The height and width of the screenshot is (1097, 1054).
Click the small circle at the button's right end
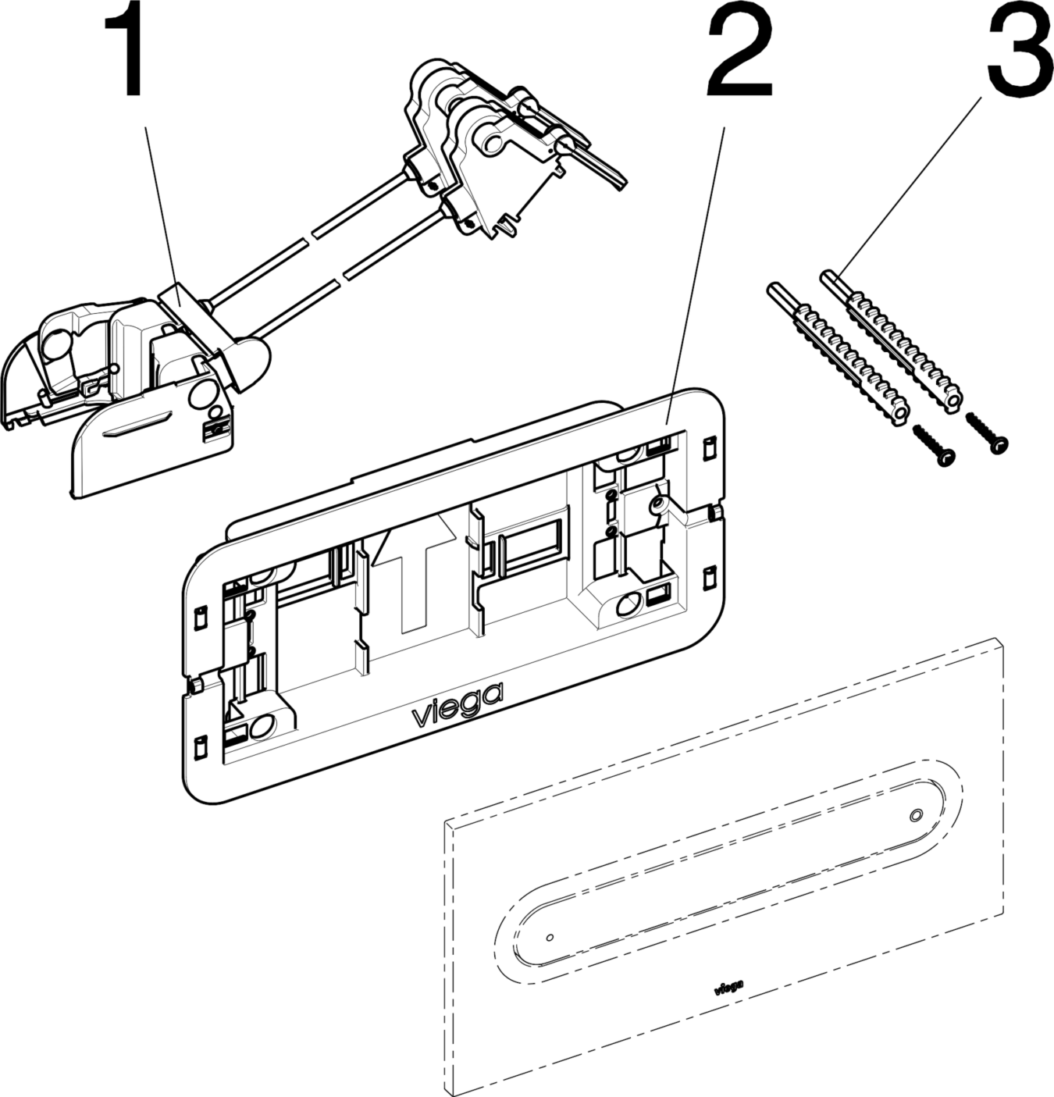(916, 815)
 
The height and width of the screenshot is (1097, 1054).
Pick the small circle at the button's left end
(550, 936)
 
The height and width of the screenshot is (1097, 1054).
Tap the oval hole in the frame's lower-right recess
(628, 604)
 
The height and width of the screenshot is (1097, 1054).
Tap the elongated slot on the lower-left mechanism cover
(139, 424)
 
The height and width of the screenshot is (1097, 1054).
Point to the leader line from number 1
(160, 203)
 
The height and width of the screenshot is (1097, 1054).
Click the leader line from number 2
(695, 273)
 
